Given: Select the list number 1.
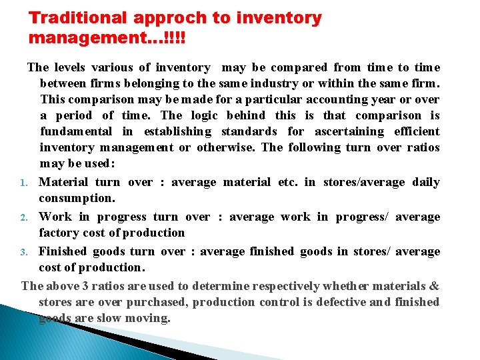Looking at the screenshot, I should click(23, 183).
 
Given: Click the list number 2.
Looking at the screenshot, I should click(23, 217).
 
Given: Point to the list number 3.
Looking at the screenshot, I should click(23, 252).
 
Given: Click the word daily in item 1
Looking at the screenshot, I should click(426, 182).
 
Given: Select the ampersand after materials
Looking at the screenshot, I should click(434, 286).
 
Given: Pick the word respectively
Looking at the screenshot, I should click(283, 286).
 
